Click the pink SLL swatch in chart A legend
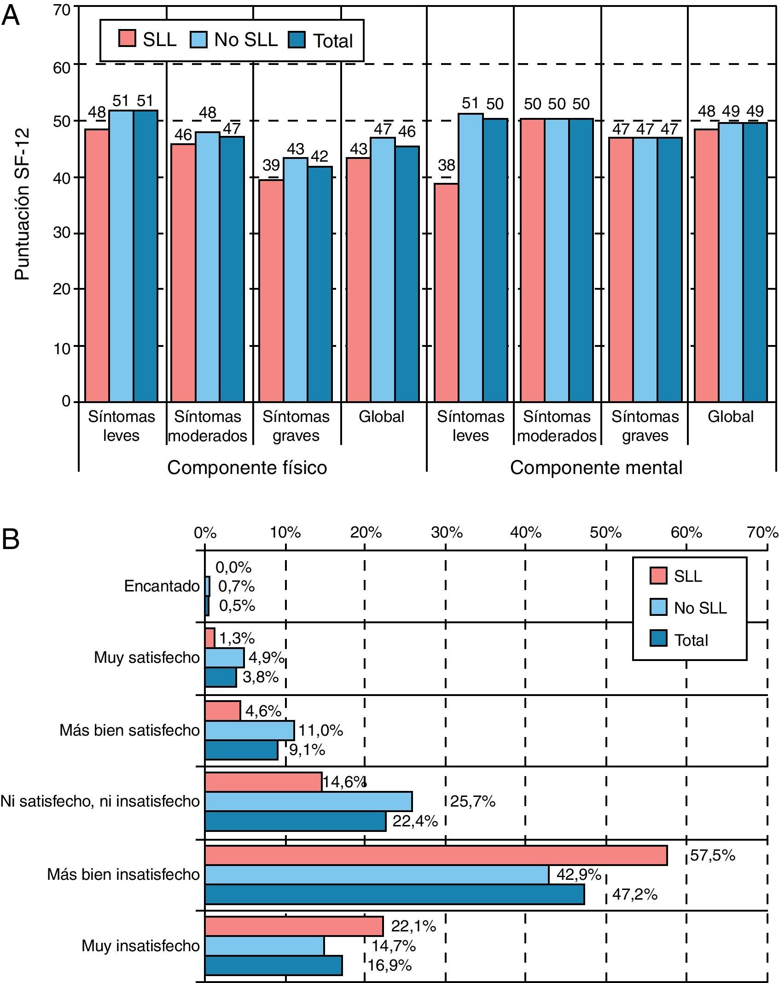[x=127, y=39]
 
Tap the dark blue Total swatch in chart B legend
[x=659, y=639]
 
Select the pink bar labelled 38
[x=446, y=293]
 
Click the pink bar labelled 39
[x=271, y=290]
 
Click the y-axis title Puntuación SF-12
[x=22, y=204]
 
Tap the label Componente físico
[x=247, y=468]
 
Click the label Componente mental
[x=596, y=468]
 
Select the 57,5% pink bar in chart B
[x=436, y=855]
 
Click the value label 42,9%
[x=579, y=874]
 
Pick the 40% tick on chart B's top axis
[x=525, y=532]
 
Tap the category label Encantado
[x=162, y=586]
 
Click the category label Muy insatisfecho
[x=140, y=946]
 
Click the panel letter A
[x=11, y=17]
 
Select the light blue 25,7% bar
[x=308, y=802]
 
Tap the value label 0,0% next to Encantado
[x=233, y=568]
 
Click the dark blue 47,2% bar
[x=395, y=894]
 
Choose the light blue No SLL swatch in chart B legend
[x=659, y=607]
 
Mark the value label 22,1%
[x=413, y=926]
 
